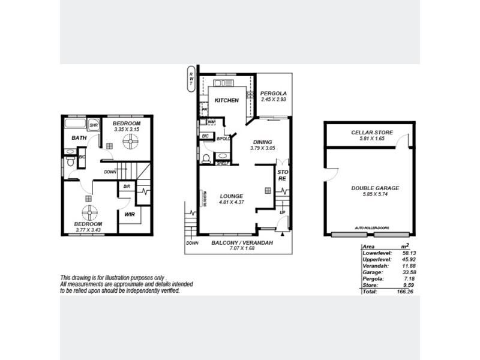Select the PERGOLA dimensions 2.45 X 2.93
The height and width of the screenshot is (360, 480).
[274, 100]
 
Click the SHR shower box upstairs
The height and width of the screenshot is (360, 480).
[94, 125]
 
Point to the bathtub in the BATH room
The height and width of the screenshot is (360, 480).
[76, 124]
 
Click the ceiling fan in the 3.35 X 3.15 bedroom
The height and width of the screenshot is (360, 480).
[130, 141]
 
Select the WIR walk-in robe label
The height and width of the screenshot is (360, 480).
[128, 214]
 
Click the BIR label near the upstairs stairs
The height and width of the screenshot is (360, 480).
[127, 187]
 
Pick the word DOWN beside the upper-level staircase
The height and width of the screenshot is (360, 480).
[110, 172]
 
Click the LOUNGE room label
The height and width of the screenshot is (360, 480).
[230, 196]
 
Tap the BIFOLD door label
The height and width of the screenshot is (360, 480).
[224, 137]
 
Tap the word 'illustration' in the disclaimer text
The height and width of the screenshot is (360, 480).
[111, 277]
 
